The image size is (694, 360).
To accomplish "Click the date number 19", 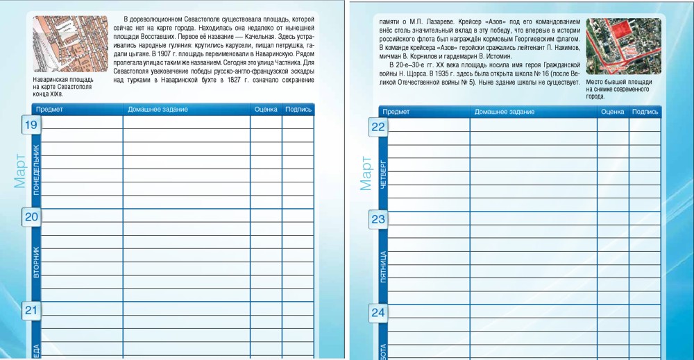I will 31,125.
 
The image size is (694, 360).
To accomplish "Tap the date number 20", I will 31,217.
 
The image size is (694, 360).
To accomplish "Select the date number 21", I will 31,310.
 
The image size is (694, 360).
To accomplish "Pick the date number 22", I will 378,127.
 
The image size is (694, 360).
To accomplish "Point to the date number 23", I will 378,219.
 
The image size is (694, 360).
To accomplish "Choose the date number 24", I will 378,312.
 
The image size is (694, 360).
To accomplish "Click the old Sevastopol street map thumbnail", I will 68,44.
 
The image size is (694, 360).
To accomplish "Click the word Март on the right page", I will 366,173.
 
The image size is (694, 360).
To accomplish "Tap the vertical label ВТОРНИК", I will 37,262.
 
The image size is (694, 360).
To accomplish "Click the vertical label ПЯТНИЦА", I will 384,266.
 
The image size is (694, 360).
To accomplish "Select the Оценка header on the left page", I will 266,109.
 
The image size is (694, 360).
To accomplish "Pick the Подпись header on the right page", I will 645,111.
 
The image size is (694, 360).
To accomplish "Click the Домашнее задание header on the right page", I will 504,111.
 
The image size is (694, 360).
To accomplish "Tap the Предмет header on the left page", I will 49,109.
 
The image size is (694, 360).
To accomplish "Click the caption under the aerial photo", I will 619,89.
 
